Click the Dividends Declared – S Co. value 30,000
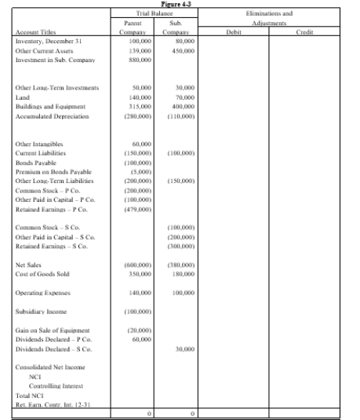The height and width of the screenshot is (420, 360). tap(178, 349)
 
